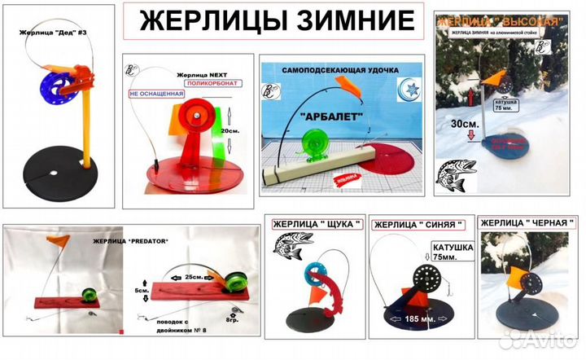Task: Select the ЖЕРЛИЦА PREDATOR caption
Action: [x=131, y=242]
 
